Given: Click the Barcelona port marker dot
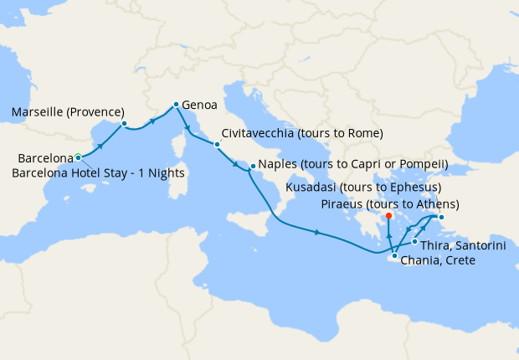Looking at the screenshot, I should pos(78,157).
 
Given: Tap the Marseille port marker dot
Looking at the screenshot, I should pos(124,125).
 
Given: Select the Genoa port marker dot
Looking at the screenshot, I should pos(175,105).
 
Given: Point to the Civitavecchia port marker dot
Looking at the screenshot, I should pos(217,144).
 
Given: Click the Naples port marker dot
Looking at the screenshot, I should pos(252,167).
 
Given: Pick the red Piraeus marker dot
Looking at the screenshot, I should pos(389,216).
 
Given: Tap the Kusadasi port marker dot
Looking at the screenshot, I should pos(442,219).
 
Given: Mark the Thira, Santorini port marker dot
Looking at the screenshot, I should pos(414,242).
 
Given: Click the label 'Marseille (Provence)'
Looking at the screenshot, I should pos(68,112).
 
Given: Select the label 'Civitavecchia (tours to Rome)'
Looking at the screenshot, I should pos(303,134).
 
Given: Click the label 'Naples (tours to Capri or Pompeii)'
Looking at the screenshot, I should pos(354,164).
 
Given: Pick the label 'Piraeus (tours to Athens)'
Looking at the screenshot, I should pos(390,204).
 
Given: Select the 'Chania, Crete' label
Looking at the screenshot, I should pos(438,261).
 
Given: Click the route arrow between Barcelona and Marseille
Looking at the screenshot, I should pos(100,145).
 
